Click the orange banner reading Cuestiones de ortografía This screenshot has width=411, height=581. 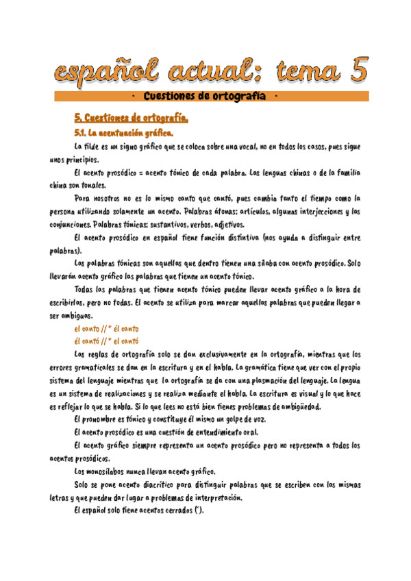[211, 97]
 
